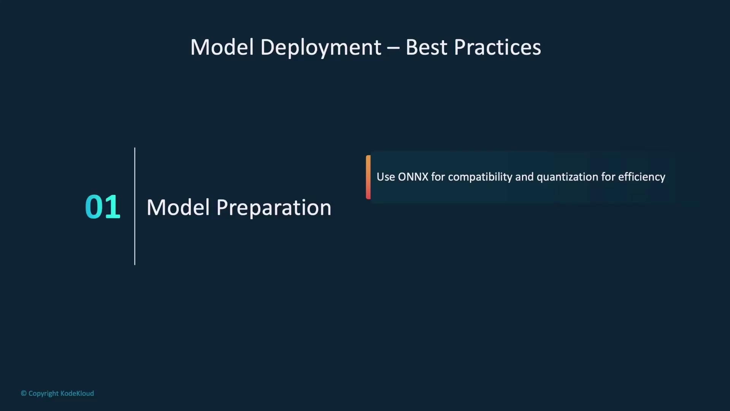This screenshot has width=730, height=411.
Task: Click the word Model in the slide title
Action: coord(222,47)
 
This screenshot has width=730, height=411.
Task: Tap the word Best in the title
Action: coord(426,47)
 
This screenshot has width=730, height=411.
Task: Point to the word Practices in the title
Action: coord(497,47)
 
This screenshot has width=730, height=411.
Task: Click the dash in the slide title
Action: coord(394,49)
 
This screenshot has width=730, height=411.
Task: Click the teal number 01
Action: coord(103,207)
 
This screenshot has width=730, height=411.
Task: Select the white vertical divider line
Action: coord(135,206)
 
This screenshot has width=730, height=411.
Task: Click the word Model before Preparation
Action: coord(178,207)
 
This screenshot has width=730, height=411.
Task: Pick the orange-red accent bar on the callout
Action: coord(368,177)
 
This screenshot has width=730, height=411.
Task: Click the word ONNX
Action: coord(413,177)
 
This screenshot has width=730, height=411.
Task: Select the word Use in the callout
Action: coord(386,177)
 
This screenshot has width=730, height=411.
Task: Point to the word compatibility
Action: coord(480,177)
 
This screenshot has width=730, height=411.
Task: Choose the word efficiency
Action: coord(642,177)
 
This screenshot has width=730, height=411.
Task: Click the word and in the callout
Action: coord(524,177)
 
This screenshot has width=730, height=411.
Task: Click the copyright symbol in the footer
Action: coord(24,393)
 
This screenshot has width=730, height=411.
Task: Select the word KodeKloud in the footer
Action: coord(77,393)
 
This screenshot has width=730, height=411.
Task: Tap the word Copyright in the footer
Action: coord(43,393)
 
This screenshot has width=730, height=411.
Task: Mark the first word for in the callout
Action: coord(438,177)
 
